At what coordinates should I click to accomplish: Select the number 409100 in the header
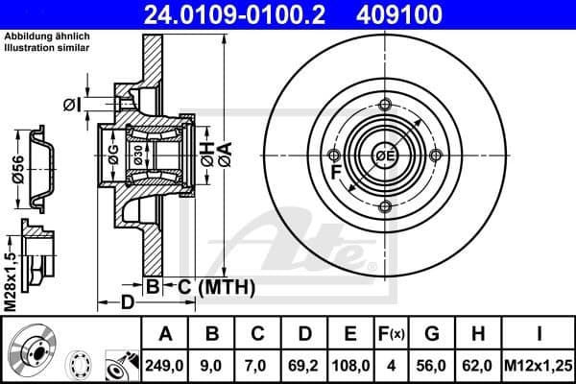tap(428, 14)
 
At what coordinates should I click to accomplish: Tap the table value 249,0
tap(165, 366)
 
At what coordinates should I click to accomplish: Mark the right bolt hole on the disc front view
tap(435, 156)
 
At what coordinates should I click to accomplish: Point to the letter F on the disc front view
tap(336, 174)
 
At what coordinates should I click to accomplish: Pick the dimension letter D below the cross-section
tap(126, 303)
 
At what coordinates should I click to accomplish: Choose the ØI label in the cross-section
tap(69, 103)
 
